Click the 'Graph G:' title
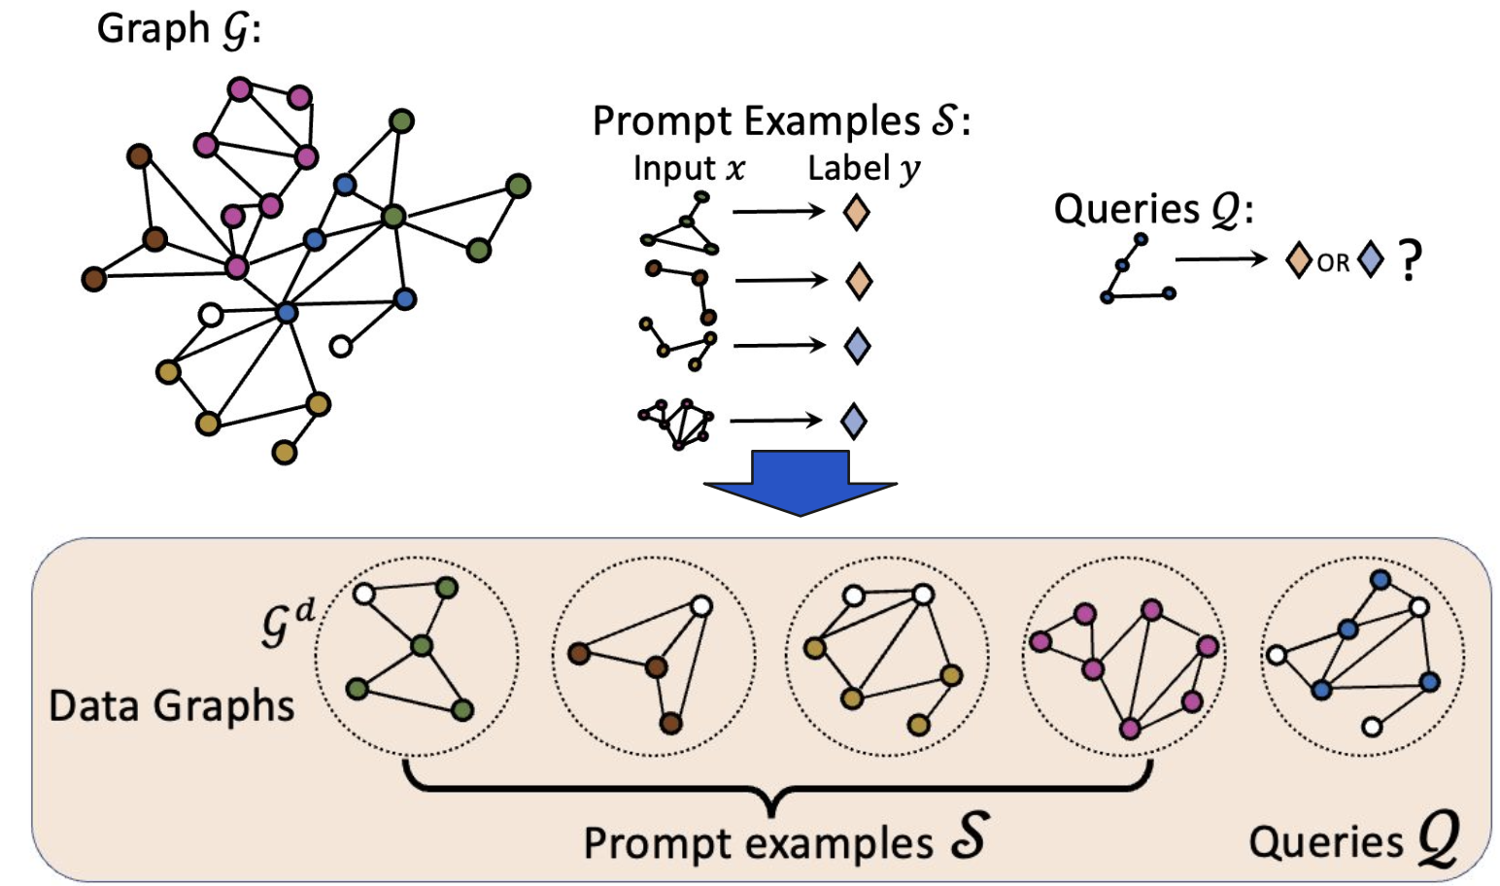[179, 29]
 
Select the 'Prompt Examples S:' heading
[781, 121]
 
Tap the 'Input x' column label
[688, 168]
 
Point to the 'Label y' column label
[864, 168]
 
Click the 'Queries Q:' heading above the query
[1153, 209]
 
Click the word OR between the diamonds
[1333, 262]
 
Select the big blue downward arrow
[800, 482]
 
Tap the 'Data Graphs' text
[171, 705]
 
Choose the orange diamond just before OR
[1298, 260]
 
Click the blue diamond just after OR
[1370, 260]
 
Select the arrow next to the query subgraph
[1221, 258]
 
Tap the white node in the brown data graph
[701, 607]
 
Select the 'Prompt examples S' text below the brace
[784, 840]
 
